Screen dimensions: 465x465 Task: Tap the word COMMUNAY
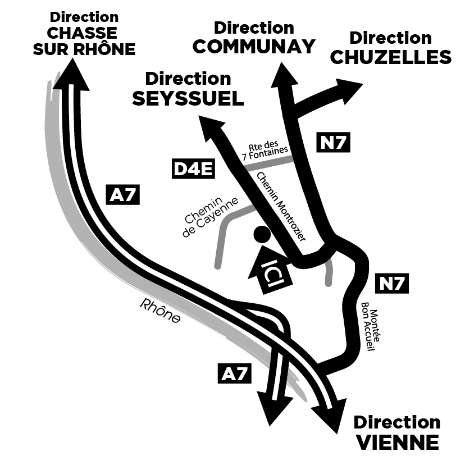(x=254, y=47)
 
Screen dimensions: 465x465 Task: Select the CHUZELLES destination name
(x=391, y=57)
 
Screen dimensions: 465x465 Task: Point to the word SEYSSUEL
(x=188, y=99)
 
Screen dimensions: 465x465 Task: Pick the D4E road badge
(x=193, y=169)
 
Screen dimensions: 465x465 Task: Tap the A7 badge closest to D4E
(x=123, y=195)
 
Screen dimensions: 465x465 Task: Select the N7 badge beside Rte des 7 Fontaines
(x=334, y=143)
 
